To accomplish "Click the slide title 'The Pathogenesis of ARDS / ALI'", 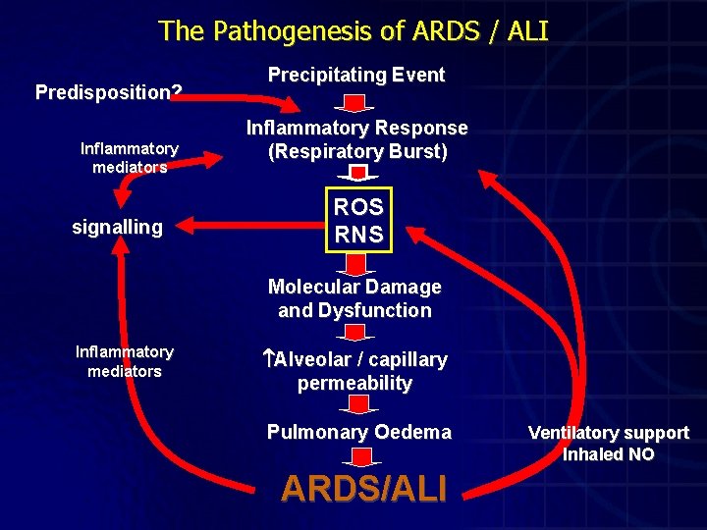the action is click(353, 30).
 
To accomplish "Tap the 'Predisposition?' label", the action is click(108, 92).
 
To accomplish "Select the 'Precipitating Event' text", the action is click(356, 75).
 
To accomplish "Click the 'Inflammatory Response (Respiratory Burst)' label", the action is click(356, 139).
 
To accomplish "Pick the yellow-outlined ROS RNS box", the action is click(359, 220).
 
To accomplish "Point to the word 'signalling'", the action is click(117, 227).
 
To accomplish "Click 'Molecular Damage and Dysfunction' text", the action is click(354, 298).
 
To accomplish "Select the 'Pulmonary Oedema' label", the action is click(359, 432).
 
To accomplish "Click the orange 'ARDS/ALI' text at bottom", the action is click(363, 487).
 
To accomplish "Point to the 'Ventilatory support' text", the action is click(608, 433).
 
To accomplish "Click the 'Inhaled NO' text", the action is click(608, 454).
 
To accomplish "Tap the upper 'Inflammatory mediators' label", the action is click(129, 157).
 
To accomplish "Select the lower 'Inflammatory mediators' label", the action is click(124, 361).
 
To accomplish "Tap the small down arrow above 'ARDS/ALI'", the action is click(360, 456).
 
